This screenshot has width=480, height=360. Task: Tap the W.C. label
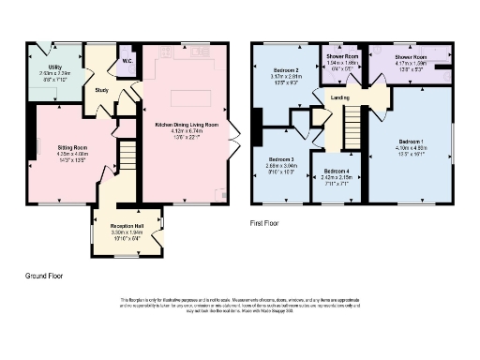127,64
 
